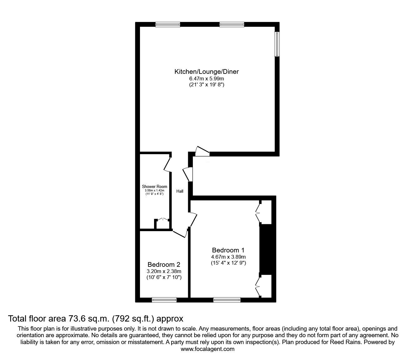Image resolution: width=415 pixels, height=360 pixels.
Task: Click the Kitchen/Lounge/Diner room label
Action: [x=206, y=72]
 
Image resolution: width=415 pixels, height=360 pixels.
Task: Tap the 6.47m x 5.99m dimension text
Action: [x=206, y=79]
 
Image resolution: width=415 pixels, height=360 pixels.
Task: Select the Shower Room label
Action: [x=154, y=187]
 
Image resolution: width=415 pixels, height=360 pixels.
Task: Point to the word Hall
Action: [x=180, y=191]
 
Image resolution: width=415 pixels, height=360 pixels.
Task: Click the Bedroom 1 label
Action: [x=228, y=250]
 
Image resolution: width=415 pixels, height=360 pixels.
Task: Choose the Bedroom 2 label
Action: [x=164, y=265]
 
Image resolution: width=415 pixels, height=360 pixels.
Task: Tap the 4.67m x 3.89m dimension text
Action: [x=228, y=257]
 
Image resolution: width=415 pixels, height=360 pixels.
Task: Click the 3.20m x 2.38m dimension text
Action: [x=164, y=271]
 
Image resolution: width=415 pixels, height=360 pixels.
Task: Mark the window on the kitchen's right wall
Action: [x=277, y=44]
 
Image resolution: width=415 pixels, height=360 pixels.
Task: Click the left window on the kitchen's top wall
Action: [x=168, y=24]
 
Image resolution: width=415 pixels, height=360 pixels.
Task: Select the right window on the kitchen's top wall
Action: [x=232, y=24]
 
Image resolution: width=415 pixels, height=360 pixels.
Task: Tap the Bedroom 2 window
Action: [x=164, y=300]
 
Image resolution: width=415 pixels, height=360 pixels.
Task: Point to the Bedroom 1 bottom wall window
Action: [x=227, y=300]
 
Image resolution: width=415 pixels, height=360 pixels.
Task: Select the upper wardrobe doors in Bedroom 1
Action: [x=258, y=213]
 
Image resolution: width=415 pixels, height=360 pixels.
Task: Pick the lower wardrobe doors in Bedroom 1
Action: [x=258, y=285]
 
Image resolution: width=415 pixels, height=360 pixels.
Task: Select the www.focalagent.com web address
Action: [x=207, y=349]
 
